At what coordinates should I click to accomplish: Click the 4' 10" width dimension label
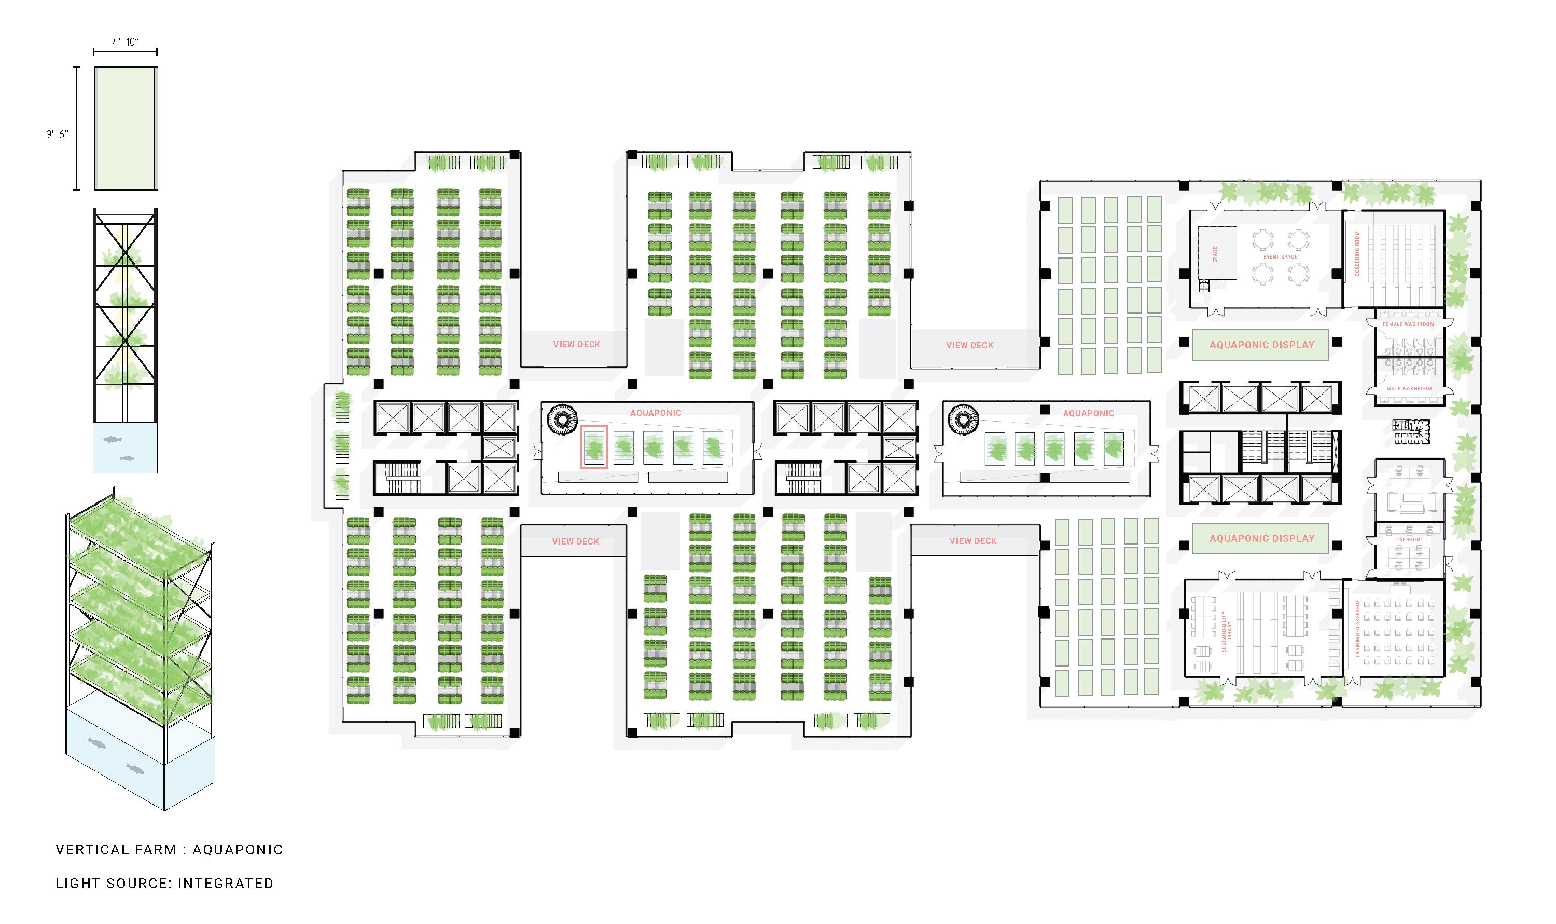coord(125,42)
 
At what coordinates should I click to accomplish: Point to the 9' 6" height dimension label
coord(57,134)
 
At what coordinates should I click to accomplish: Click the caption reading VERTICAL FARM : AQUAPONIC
coord(169,850)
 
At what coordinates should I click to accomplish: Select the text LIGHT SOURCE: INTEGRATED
coord(164,884)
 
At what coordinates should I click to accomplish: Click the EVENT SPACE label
coord(1281,256)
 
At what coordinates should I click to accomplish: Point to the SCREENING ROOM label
coord(1357,253)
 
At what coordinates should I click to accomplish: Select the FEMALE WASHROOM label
coord(1408,324)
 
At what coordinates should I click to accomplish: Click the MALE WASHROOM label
coord(1409,388)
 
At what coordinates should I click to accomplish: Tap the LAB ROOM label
coord(1408,540)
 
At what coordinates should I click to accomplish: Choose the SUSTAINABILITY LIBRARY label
coord(1226,631)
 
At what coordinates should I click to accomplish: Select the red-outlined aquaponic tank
coord(594,447)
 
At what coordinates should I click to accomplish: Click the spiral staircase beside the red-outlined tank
coord(562,418)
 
